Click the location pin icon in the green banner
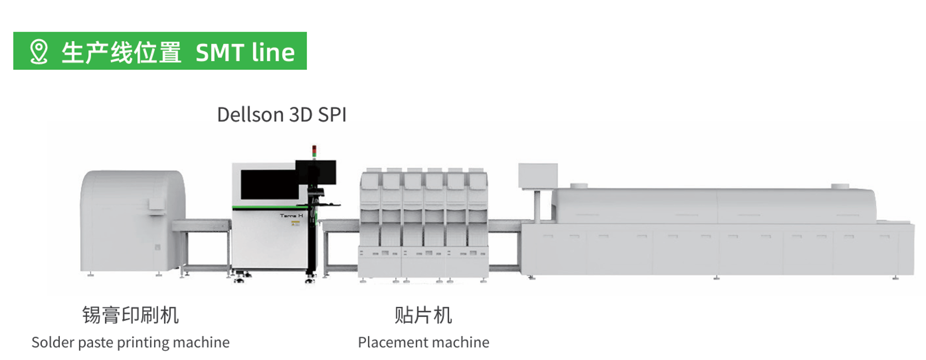pyautogui.click(x=39, y=52)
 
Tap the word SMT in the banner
pyautogui.click(x=220, y=53)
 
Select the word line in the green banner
pyautogui.click(x=273, y=52)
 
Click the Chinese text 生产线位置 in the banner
pyautogui.click(x=121, y=53)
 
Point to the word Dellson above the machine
pyautogui.click(x=250, y=115)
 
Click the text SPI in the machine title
pyautogui.click(x=332, y=115)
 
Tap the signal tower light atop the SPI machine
pyautogui.click(x=314, y=152)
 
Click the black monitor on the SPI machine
pyautogui.click(x=316, y=173)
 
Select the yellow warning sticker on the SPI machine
pyautogui.click(x=295, y=224)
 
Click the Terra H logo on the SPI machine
pyautogui.click(x=291, y=215)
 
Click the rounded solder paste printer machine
pyautogui.click(x=133, y=222)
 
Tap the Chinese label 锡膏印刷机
pyautogui.click(x=131, y=315)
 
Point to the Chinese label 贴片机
pyautogui.click(x=423, y=315)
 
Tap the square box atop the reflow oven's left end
pyautogui.click(x=538, y=176)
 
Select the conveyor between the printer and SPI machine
pyautogui.click(x=202, y=226)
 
